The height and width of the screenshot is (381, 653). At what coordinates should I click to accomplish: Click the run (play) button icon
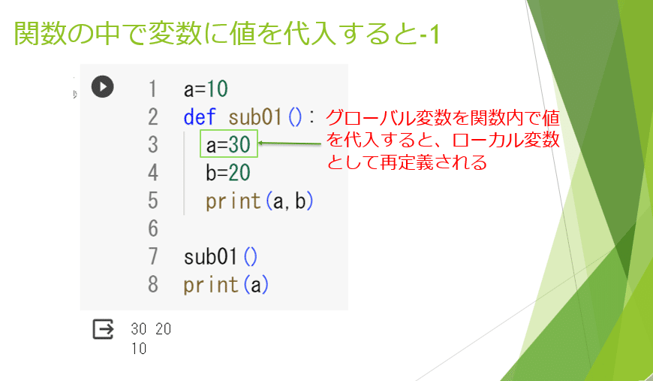pyautogui.click(x=103, y=86)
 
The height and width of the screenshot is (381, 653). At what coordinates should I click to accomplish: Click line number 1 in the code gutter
pyautogui.click(x=153, y=89)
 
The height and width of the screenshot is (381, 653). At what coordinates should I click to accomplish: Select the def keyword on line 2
pyautogui.click(x=199, y=117)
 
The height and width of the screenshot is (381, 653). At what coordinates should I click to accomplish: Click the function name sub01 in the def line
pyautogui.click(x=255, y=117)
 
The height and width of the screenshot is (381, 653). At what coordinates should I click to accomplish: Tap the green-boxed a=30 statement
pyautogui.click(x=229, y=144)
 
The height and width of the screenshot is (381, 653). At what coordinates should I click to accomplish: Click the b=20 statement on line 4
pyautogui.click(x=227, y=173)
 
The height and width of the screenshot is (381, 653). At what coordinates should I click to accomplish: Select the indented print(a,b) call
pyautogui.click(x=259, y=201)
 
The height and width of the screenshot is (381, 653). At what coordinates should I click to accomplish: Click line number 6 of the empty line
pyautogui.click(x=153, y=228)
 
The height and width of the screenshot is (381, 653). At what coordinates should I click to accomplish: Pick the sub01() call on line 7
pyautogui.click(x=221, y=257)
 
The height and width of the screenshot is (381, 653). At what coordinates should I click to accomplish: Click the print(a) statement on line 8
pyautogui.click(x=226, y=286)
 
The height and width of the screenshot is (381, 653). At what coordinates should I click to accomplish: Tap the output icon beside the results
pyautogui.click(x=103, y=329)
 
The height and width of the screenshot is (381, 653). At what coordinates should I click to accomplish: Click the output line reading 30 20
pyautogui.click(x=150, y=329)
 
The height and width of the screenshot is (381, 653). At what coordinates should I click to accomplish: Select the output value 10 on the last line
pyautogui.click(x=138, y=349)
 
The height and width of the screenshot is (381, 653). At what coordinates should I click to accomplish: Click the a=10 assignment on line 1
pyautogui.click(x=206, y=89)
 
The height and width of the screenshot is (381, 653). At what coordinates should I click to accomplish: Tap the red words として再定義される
pyautogui.click(x=406, y=162)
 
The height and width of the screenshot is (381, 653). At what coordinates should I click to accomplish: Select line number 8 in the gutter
pyautogui.click(x=153, y=286)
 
